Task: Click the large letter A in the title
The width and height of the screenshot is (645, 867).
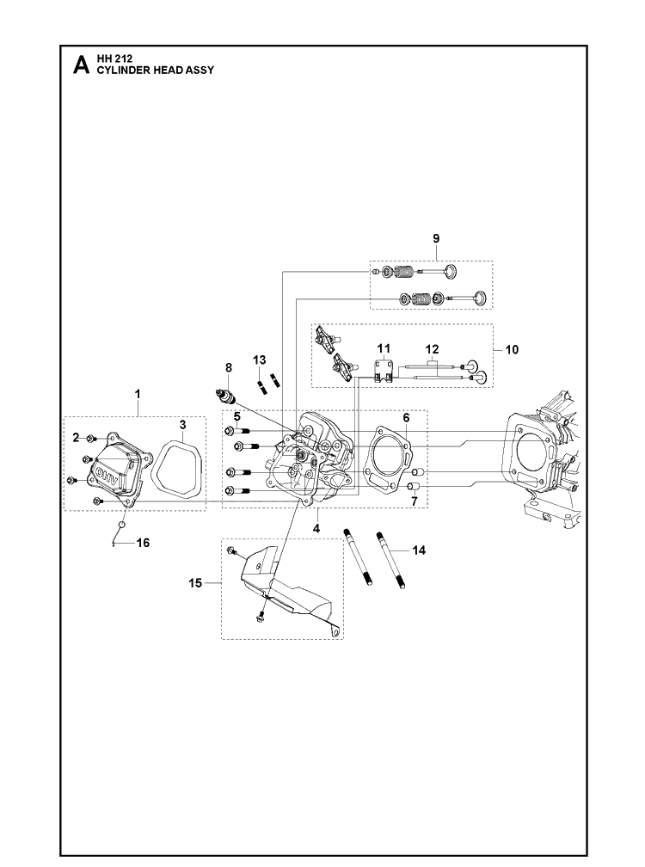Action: (81, 65)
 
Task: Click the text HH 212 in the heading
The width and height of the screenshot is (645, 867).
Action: (114, 59)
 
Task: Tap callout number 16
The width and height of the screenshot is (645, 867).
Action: (143, 543)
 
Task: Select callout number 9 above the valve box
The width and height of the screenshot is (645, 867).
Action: (436, 238)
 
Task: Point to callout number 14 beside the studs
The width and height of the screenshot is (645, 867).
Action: (419, 550)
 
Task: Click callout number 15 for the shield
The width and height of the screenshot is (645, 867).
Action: (195, 583)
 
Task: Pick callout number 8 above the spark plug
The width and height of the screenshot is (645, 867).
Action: (228, 368)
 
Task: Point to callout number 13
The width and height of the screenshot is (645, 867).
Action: (259, 360)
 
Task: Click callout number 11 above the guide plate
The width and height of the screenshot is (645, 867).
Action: (384, 348)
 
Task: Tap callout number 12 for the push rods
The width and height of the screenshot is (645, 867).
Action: (433, 349)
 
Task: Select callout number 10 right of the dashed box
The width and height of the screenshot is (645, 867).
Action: (513, 349)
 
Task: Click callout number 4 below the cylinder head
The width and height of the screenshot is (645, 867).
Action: (316, 529)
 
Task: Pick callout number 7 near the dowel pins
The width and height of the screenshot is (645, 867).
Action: (414, 501)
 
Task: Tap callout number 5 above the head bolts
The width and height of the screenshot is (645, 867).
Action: (236, 416)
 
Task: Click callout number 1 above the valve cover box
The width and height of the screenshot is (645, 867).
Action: (138, 394)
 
